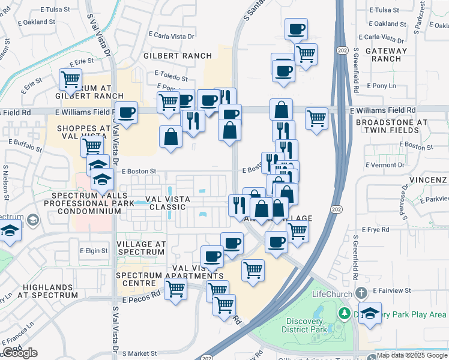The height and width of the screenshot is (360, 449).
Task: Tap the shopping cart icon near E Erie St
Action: [x=71, y=79]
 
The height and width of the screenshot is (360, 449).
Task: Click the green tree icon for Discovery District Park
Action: [x=345, y=313]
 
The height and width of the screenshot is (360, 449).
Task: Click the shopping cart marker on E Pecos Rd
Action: [x=175, y=290]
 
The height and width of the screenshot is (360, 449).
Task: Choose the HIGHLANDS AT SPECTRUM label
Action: [x=48, y=291]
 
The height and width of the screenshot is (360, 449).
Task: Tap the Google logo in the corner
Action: [x=19, y=353]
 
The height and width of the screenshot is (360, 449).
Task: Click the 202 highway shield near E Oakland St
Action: [x=342, y=49]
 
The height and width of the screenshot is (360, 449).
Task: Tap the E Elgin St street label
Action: [x=93, y=251]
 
